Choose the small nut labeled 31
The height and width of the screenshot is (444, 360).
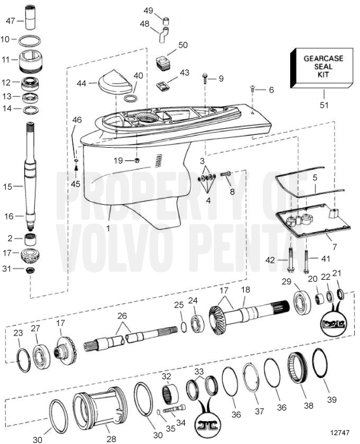(x=30, y=271)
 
